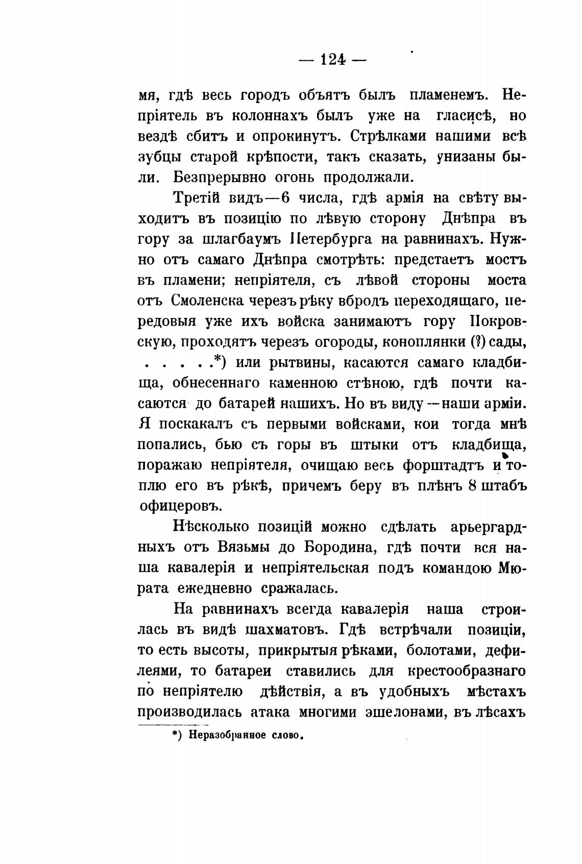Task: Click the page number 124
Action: (332, 60)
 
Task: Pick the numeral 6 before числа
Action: (278, 198)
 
